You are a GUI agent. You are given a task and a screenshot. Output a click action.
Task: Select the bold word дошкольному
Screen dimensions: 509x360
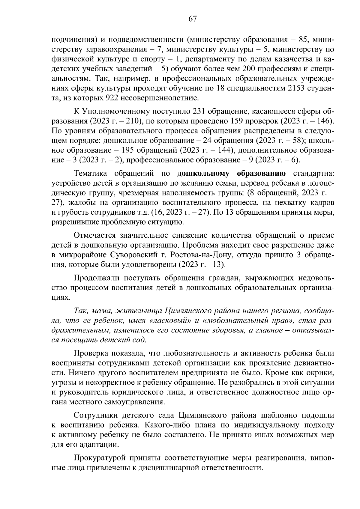204,174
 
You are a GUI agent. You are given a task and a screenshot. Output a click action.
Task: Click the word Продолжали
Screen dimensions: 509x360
96,278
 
